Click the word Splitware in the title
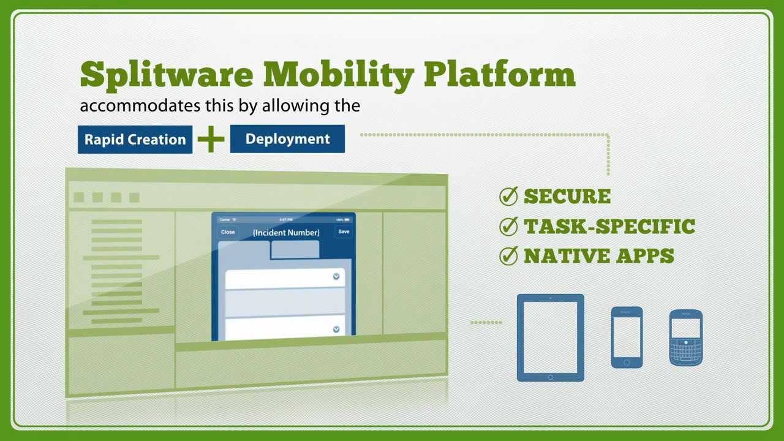click(166, 75)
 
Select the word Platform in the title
click(499, 75)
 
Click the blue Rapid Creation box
click(135, 140)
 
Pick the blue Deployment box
click(287, 139)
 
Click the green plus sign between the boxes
click(211, 140)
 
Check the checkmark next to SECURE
click(509, 197)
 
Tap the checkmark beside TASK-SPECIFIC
click(509, 227)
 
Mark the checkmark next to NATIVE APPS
click(509, 256)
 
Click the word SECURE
click(567, 197)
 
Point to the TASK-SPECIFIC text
click(609, 227)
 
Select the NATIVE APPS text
click(599, 256)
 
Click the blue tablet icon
click(550, 337)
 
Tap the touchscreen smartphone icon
click(627, 337)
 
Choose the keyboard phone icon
click(685, 338)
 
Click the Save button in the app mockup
click(344, 232)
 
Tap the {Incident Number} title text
click(286, 233)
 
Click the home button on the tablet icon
click(550, 377)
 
